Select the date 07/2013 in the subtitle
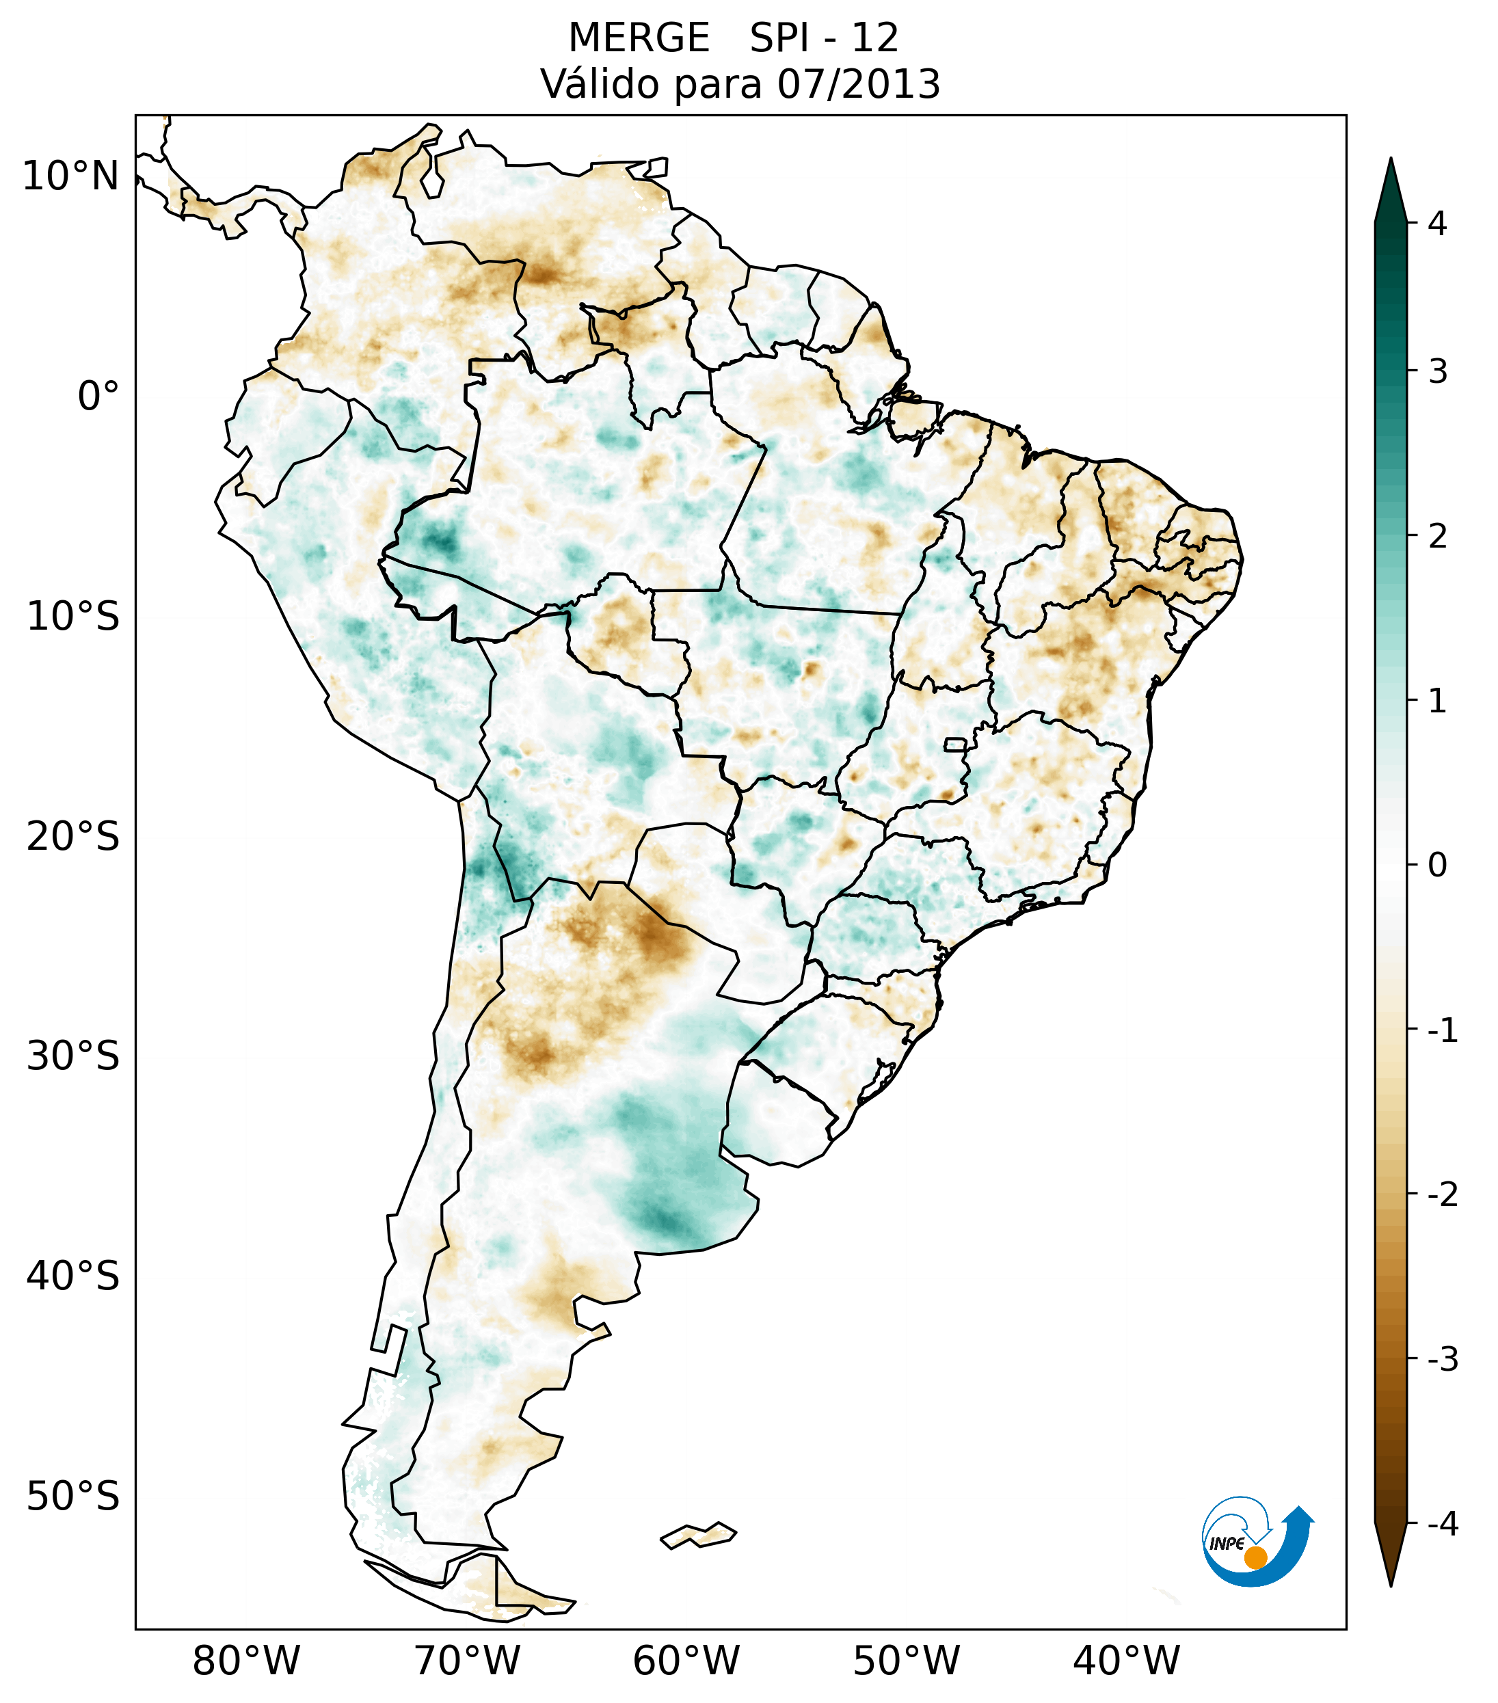(858, 84)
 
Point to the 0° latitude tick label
(98, 397)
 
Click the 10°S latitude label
(73, 617)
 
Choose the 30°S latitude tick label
(73, 1056)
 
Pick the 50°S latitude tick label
(73, 1497)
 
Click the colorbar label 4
(1437, 224)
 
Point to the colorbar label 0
(1437, 866)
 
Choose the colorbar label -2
(1442, 1195)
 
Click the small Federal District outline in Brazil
(956, 744)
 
